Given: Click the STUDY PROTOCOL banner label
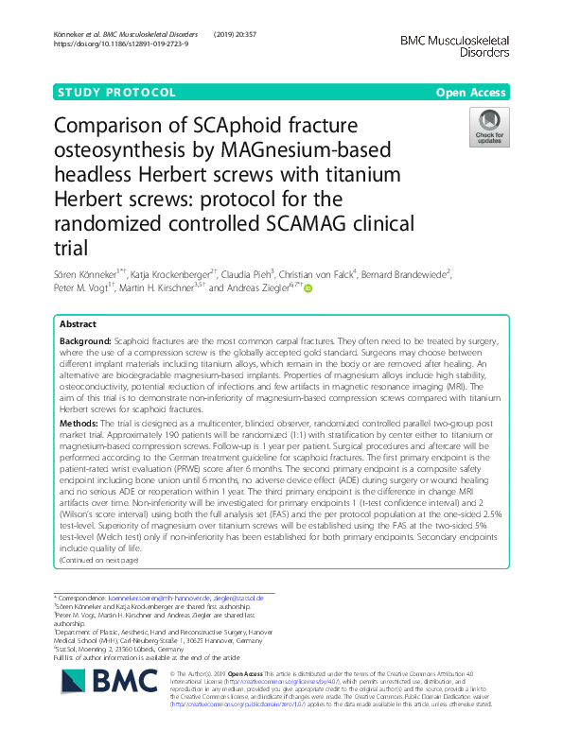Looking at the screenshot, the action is tap(117, 93).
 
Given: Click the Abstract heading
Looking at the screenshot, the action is tap(78, 324).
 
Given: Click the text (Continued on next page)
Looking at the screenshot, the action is tap(98, 560).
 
